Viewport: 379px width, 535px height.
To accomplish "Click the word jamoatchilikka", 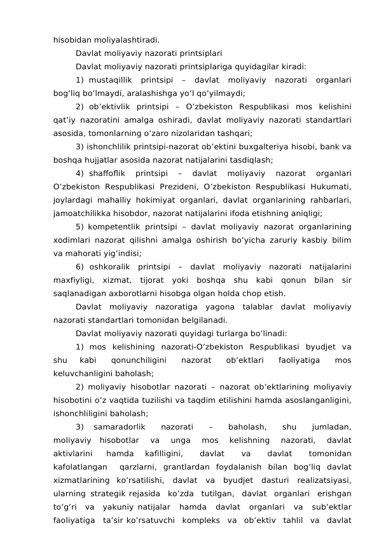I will coord(81,213).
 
